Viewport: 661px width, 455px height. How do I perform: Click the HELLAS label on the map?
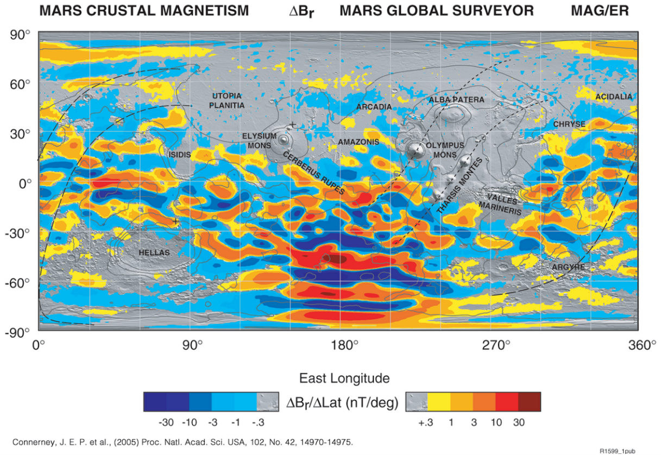(154, 252)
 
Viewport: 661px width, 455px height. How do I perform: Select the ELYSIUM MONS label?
(259, 140)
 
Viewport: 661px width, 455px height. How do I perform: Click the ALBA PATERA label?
(456, 100)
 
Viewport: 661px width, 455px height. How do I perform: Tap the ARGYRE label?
(568, 267)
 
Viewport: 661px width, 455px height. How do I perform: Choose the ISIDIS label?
(179, 155)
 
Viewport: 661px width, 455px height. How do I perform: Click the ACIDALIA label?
(614, 97)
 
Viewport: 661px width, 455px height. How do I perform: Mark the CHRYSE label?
(569, 124)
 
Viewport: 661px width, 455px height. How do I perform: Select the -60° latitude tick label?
(20, 282)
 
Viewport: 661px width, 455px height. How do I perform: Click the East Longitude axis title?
(344, 378)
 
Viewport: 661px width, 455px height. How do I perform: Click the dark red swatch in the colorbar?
(530, 402)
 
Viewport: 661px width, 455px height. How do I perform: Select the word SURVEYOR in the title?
(496, 10)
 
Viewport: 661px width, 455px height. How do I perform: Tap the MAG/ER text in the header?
(600, 10)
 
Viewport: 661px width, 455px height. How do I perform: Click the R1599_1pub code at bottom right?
(618, 451)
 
